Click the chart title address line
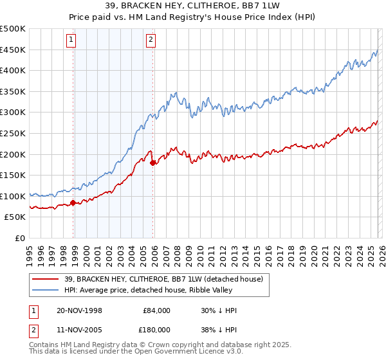[193, 6]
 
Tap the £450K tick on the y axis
[13, 50]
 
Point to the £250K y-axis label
[13, 133]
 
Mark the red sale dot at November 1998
[73, 203]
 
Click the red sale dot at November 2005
[152, 163]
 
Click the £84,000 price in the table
[156, 310]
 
